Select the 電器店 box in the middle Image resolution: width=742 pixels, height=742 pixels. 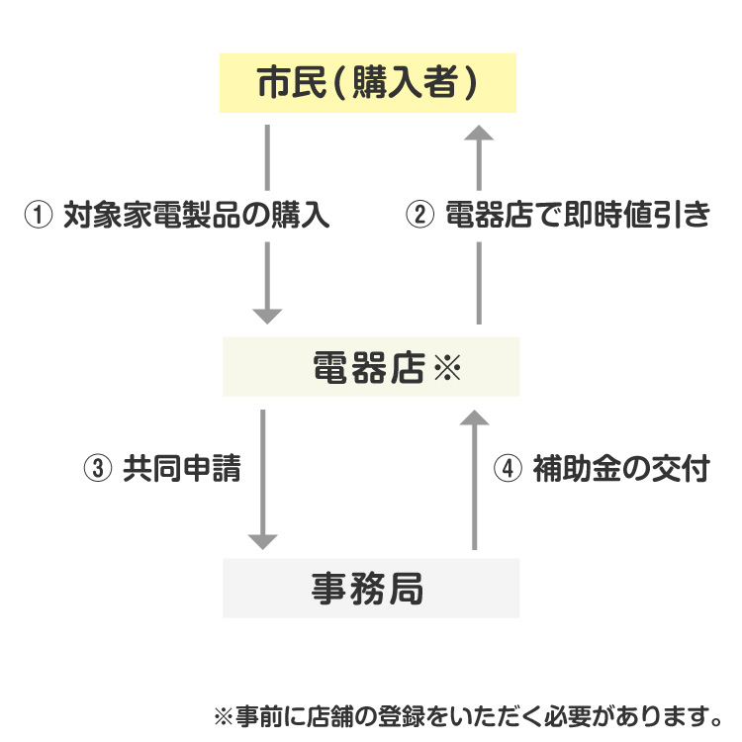click(371, 367)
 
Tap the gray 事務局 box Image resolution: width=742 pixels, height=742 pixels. click(370, 588)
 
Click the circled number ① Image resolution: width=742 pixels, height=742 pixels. click(37, 216)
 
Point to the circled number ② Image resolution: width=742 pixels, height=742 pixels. click(419, 216)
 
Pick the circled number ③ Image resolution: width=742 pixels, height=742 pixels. click(96, 469)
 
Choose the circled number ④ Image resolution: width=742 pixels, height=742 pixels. click(506, 469)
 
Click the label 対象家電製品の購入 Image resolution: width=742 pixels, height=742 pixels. click(196, 216)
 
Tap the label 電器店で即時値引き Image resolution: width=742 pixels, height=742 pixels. click(578, 216)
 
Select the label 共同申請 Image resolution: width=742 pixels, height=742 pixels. click(181, 469)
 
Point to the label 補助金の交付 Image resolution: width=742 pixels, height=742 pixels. click(620, 469)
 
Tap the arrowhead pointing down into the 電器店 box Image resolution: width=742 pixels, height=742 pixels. click(267, 316)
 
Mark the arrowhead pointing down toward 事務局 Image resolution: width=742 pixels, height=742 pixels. click(262, 540)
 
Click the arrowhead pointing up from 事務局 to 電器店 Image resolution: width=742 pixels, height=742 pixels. click(475, 418)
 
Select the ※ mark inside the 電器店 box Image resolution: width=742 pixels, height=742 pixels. click(447, 369)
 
